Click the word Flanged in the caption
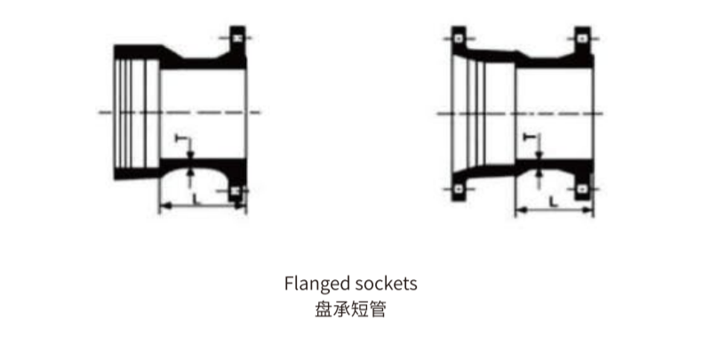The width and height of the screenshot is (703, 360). (317, 284)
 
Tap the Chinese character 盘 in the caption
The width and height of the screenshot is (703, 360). (324, 309)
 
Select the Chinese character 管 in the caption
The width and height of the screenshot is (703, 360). (377, 309)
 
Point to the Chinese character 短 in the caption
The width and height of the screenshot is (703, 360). (359, 309)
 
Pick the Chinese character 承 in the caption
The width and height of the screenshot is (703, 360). (341, 309)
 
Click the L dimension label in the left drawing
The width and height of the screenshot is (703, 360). (196, 198)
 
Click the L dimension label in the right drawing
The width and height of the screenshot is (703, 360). (554, 202)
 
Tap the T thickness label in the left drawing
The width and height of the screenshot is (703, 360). (180, 139)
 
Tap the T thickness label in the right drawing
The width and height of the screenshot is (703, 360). (530, 136)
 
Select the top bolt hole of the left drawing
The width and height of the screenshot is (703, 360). (237, 38)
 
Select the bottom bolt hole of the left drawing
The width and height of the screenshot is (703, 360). (236, 191)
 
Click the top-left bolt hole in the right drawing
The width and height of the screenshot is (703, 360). (459, 38)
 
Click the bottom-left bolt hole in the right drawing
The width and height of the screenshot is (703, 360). (459, 189)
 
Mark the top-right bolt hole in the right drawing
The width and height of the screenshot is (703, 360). (582, 38)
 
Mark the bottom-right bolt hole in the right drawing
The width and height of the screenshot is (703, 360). (582, 189)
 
